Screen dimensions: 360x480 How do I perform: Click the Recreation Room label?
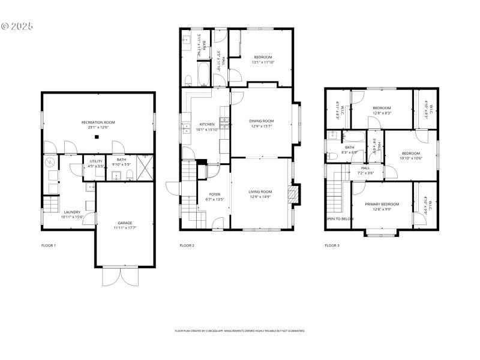pyautogui.click(x=98, y=122)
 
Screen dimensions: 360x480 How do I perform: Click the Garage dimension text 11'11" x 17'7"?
pyautogui.click(x=125, y=227)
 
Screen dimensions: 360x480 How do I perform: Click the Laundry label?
pyautogui.click(x=72, y=212)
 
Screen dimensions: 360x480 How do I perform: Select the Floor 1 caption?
pyautogui.click(x=48, y=245)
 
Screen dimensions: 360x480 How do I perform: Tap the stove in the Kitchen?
pyautogui.click(x=224, y=124)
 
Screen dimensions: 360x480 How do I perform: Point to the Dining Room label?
pyautogui.click(x=261, y=121)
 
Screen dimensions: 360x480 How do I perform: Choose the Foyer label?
pyautogui.click(x=215, y=194)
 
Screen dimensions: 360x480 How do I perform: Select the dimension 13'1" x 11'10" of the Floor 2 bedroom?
pyautogui.click(x=262, y=62)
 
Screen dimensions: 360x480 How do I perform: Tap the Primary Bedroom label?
pyautogui.click(x=382, y=204)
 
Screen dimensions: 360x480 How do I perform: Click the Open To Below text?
pyautogui.click(x=340, y=219)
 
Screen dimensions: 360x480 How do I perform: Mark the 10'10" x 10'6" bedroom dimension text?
pyautogui.click(x=411, y=158)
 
